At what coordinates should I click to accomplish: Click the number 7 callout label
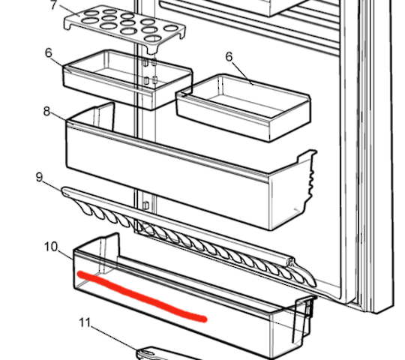pos(53,5)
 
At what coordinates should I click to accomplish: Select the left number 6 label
pos(49,53)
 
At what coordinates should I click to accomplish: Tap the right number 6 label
pos(229,57)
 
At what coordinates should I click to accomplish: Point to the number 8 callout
pos(46,112)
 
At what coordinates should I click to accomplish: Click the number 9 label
pos(38,177)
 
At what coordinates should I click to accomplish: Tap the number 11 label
pos(85,323)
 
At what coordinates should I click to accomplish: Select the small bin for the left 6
pos(127,81)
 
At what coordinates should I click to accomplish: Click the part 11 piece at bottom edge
pos(161,353)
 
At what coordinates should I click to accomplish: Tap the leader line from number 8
pos(60,118)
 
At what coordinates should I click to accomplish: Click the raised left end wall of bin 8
pos(100,116)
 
